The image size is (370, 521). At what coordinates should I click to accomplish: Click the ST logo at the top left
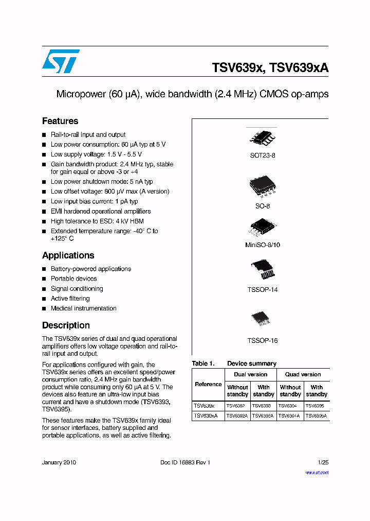pyautogui.click(x=61, y=62)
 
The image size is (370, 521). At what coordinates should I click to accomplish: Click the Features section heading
pyautogui.click(x=60, y=121)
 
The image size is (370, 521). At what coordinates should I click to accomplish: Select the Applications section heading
pyautogui.click(x=68, y=256)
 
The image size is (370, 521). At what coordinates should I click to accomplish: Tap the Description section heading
pyautogui.click(x=66, y=325)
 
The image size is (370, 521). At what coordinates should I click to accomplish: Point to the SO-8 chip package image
pyautogui.click(x=263, y=187)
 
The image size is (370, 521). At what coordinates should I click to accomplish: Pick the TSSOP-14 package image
pyautogui.click(x=263, y=269)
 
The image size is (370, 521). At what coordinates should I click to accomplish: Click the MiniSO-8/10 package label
pyautogui.click(x=263, y=246)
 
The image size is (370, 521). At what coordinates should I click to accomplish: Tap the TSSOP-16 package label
pyautogui.click(x=263, y=341)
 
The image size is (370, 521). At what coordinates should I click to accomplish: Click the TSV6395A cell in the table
pyautogui.click(x=317, y=415)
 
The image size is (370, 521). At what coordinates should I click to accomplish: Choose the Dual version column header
pyautogui.click(x=251, y=375)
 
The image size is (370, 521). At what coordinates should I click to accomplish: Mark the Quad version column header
pyautogui.click(x=303, y=375)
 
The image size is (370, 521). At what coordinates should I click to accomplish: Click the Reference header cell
pyautogui.click(x=208, y=385)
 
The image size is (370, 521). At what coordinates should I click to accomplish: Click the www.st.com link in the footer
pyautogui.click(x=317, y=473)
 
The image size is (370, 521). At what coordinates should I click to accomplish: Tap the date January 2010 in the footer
pyautogui.click(x=59, y=463)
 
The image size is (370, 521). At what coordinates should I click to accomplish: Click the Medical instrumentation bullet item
pyautogui.click(x=83, y=308)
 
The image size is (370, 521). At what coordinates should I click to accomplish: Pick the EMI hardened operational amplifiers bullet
pyautogui.click(x=101, y=211)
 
